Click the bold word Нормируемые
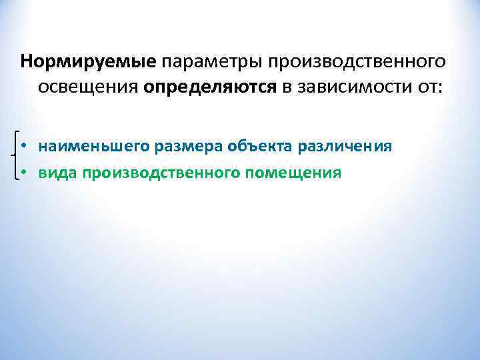tap(89, 62)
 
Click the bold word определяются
tap(211, 87)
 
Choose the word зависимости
tap(355, 87)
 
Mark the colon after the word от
tap(439, 89)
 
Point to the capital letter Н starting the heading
tap(26, 62)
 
